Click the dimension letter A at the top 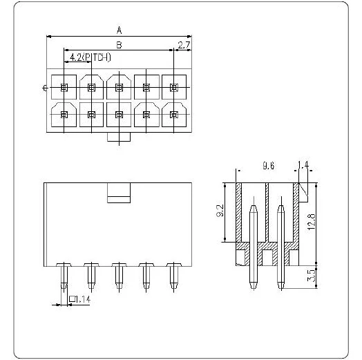tap(119, 30)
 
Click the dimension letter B tap(119, 45)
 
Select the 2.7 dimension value tap(184, 46)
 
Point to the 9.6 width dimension tap(269, 166)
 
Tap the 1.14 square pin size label tap(80, 299)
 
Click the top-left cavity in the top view tap(64, 87)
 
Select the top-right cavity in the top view tap(173, 87)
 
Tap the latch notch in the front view tap(119, 194)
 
